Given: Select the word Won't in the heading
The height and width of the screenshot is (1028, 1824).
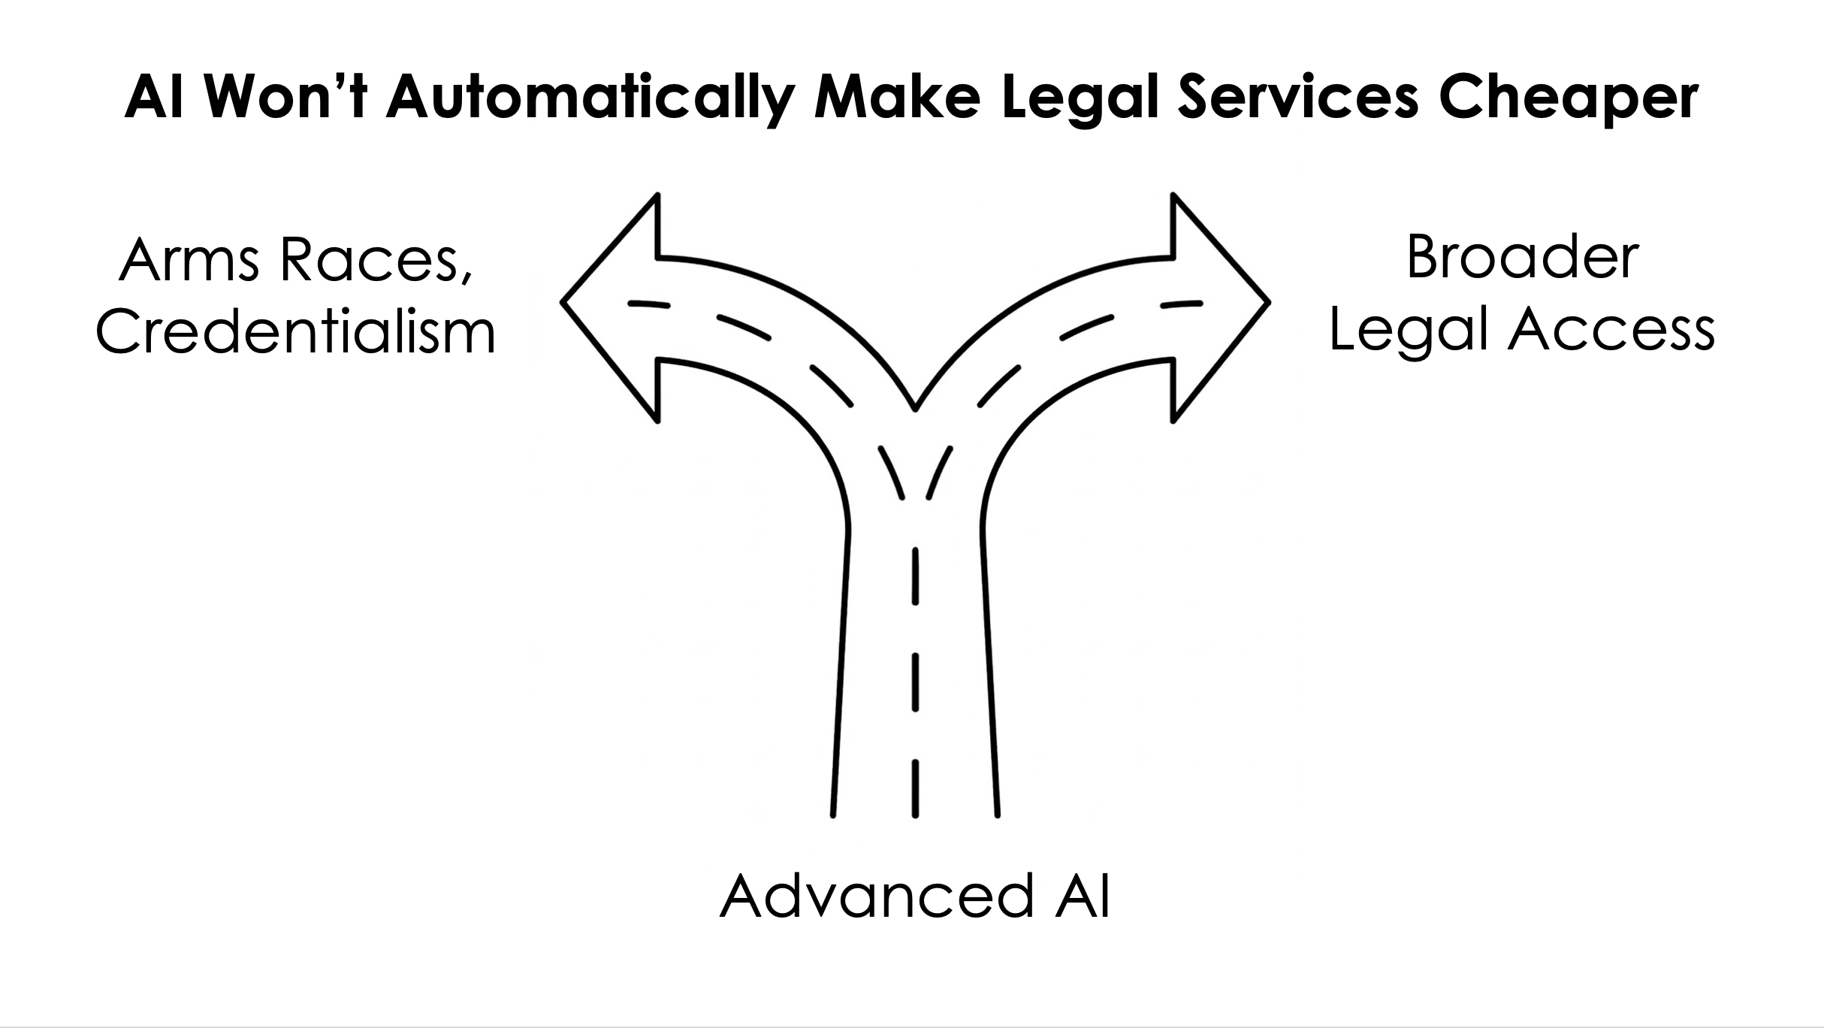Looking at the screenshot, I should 285,98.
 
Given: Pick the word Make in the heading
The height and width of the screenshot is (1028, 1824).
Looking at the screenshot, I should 898,98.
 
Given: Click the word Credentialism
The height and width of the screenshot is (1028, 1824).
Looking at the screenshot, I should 295,332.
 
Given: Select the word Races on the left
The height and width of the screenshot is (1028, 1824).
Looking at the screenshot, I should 368,260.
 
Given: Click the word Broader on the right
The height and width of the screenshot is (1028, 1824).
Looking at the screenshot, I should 1522,258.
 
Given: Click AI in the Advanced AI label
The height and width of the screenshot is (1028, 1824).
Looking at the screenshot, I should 1082,896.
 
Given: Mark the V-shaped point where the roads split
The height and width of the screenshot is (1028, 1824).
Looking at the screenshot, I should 915,409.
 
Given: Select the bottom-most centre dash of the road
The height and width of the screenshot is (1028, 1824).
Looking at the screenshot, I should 915,788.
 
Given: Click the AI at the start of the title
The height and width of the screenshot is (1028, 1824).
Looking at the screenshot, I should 154,98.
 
